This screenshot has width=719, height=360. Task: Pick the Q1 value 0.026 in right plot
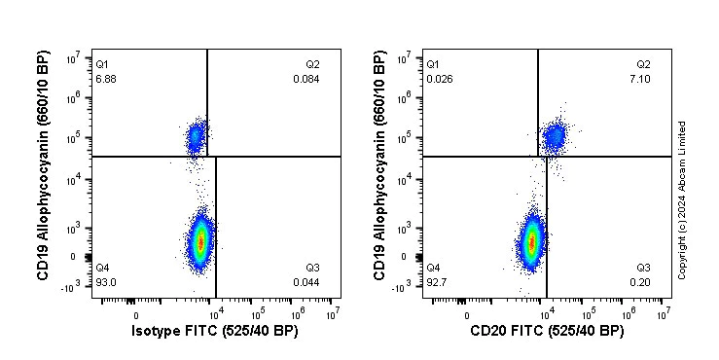pyautogui.click(x=438, y=78)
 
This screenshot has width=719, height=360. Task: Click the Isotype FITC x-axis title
pyautogui.click(x=214, y=332)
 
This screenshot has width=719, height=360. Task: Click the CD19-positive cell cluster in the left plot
pyautogui.click(x=196, y=136)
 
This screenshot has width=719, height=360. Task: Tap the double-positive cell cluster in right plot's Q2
pyautogui.click(x=555, y=136)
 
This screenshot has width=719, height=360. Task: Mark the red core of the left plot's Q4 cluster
pyautogui.click(x=200, y=241)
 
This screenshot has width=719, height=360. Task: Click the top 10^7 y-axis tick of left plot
pyautogui.click(x=73, y=59)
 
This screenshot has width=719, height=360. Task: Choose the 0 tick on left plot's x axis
pyautogui.click(x=135, y=314)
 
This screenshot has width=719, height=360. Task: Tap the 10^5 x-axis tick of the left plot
pyautogui.click(x=257, y=314)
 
